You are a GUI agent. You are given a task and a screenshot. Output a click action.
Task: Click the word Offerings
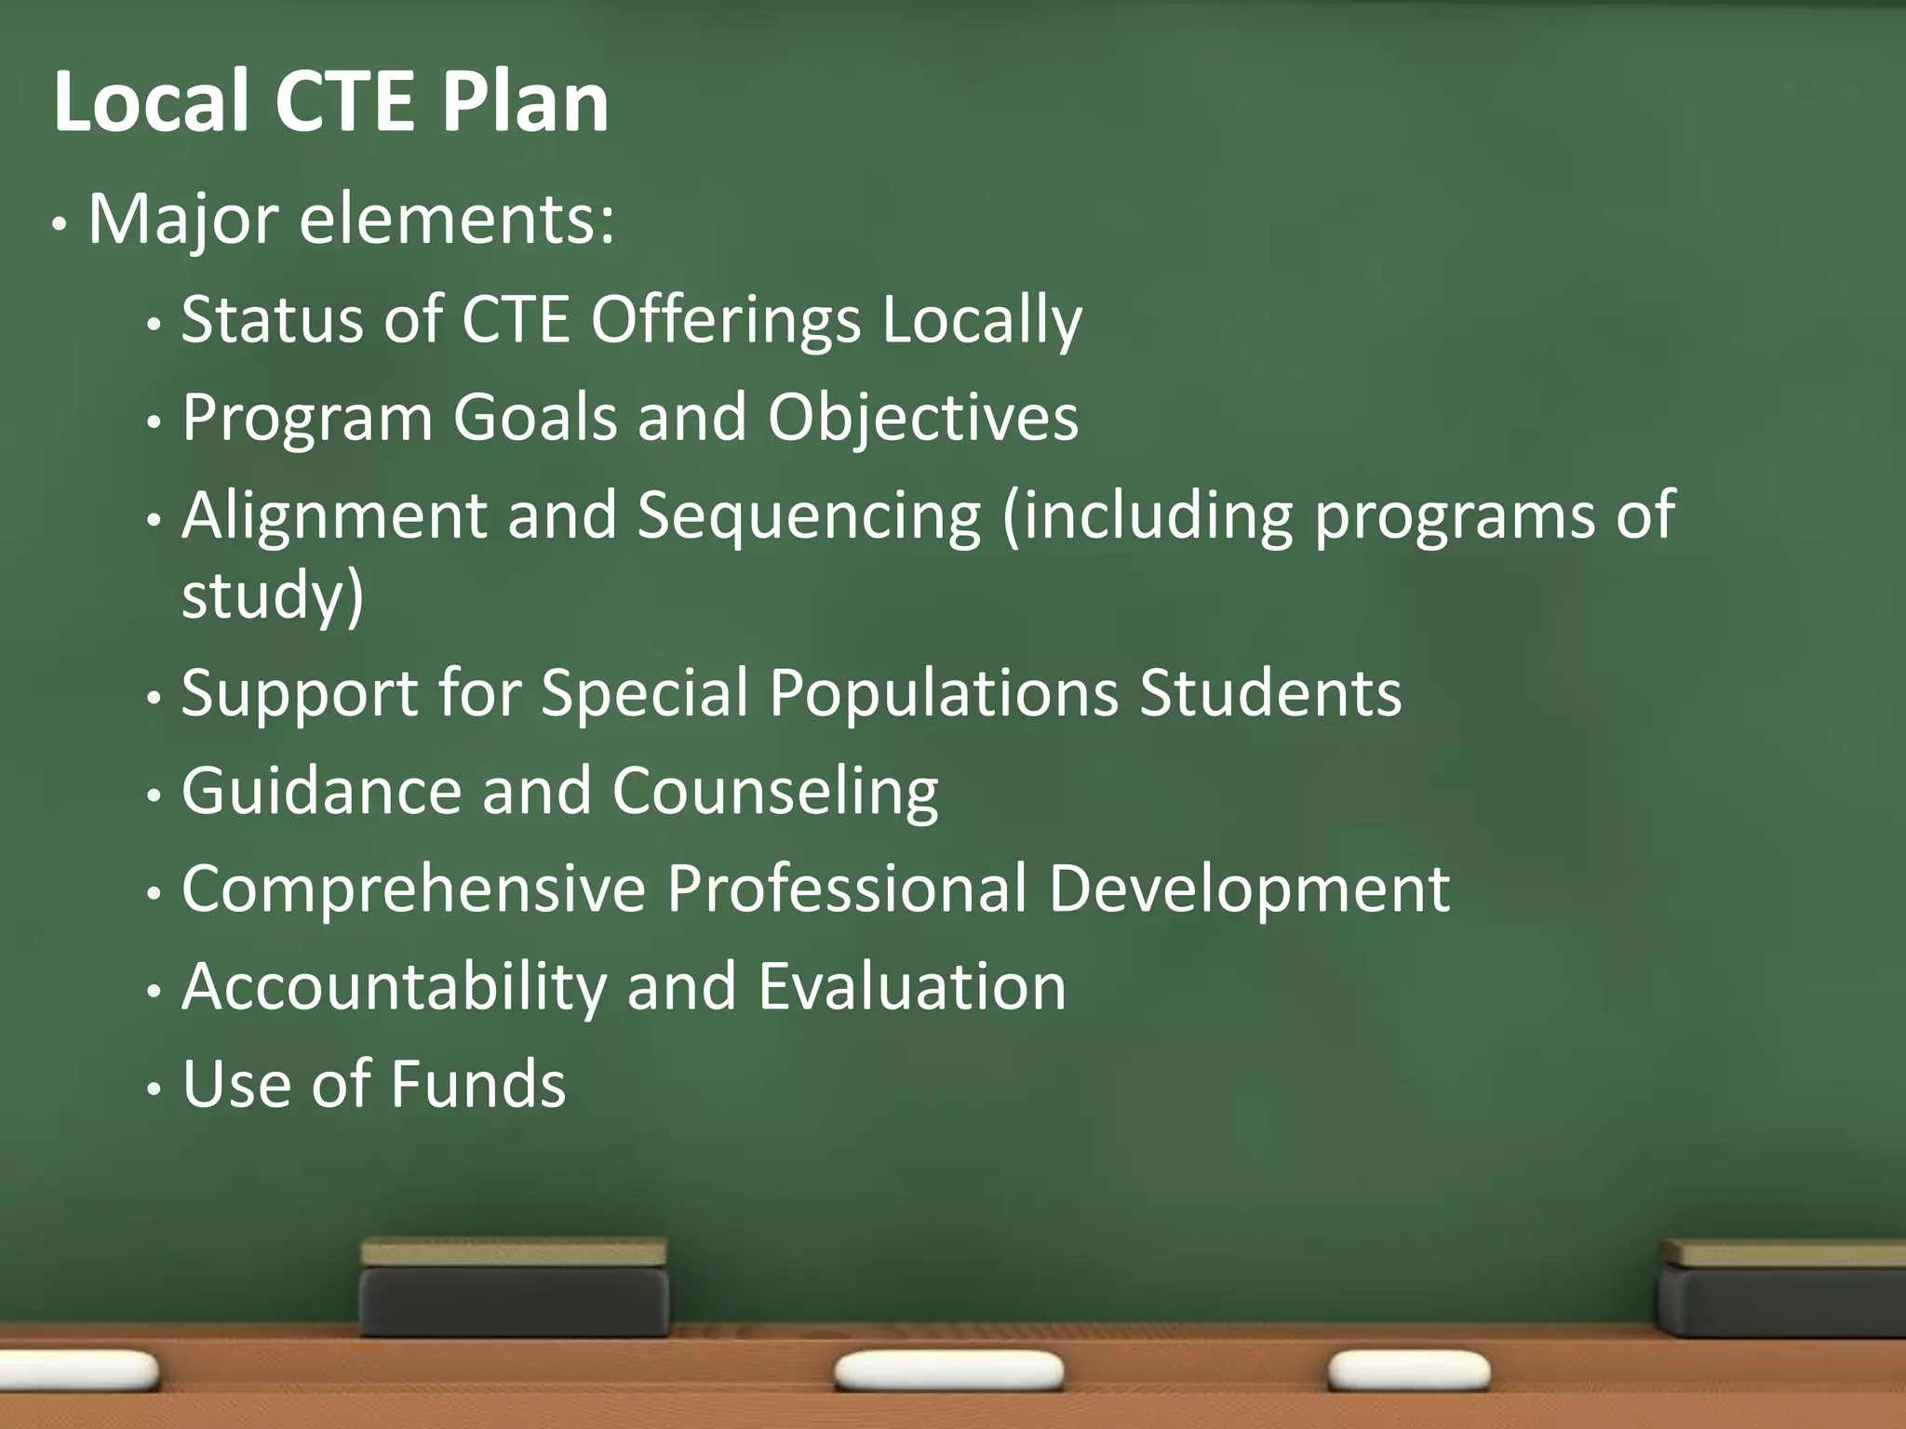(726, 319)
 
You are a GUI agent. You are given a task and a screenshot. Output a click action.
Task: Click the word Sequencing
(809, 515)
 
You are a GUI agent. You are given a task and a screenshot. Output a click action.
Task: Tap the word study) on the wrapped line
(272, 595)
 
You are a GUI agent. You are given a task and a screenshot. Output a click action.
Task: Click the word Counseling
(774, 792)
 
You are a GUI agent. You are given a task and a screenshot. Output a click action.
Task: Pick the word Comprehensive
(413, 888)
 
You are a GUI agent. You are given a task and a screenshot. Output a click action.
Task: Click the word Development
(1248, 888)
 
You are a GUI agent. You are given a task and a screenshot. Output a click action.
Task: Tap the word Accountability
(394, 987)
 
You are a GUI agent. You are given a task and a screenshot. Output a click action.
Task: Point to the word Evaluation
(911, 987)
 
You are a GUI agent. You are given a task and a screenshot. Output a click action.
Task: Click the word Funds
(477, 1085)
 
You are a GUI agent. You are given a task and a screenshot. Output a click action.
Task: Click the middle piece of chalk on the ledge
(948, 1370)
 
